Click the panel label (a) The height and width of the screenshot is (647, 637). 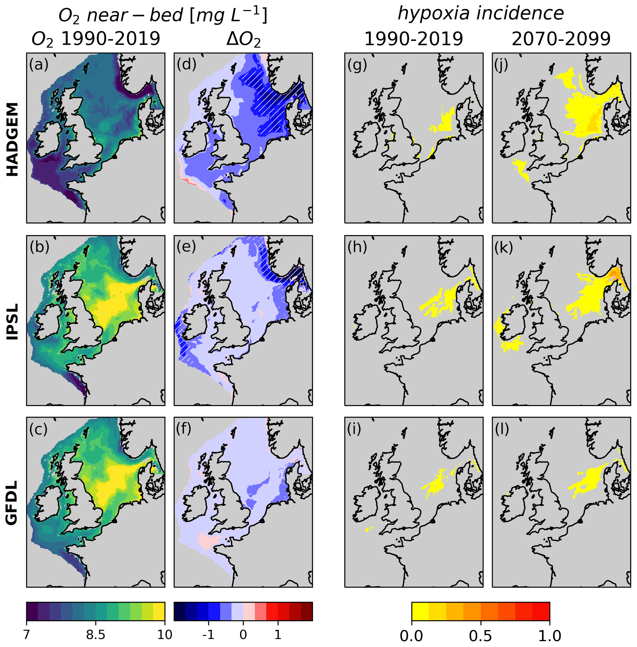39,64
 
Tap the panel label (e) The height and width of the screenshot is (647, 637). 187,247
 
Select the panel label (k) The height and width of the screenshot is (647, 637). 504,247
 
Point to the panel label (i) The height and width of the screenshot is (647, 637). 354,429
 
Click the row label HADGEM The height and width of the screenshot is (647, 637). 13,139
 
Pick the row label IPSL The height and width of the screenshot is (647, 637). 13,322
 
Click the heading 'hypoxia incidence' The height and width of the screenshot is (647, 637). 480,14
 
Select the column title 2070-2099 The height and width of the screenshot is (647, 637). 561,39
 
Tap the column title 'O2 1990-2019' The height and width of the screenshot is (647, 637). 96,39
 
